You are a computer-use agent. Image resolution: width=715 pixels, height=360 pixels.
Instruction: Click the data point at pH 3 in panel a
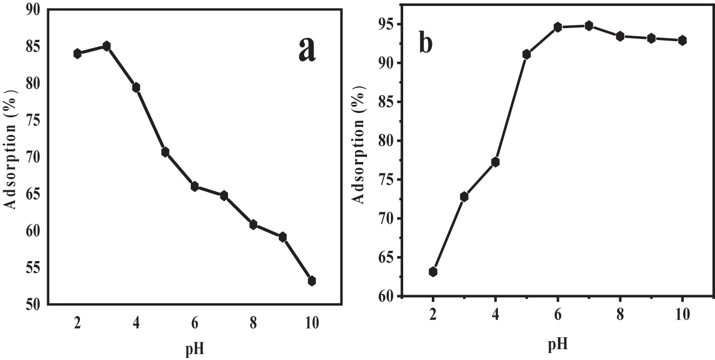106,46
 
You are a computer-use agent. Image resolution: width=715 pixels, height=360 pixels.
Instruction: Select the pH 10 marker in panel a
312,281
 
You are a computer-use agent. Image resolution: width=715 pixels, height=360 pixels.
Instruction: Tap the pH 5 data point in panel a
165,152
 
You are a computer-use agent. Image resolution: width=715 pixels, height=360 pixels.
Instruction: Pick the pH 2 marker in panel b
433,271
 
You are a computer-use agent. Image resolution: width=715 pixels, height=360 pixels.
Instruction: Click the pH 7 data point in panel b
589,25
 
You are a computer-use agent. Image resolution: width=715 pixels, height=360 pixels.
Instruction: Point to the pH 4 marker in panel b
495,162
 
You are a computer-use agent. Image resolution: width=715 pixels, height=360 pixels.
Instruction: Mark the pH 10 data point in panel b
683,40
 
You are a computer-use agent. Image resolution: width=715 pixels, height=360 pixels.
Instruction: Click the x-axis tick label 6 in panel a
195,323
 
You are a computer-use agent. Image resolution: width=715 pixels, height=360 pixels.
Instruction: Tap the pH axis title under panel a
194,350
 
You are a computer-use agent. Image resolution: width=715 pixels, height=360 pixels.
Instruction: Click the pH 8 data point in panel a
253,224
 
